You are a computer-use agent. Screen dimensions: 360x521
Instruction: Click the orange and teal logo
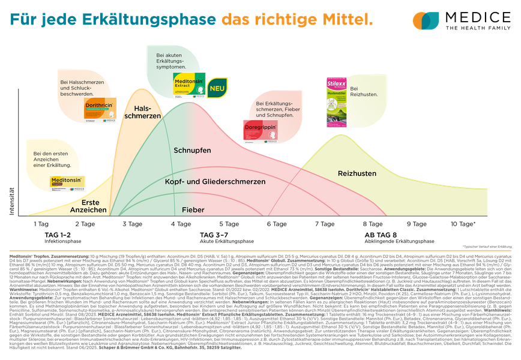point(426,20)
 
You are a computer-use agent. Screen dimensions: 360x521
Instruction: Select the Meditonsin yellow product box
point(68,183)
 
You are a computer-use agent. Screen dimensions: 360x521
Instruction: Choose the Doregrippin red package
point(259,131)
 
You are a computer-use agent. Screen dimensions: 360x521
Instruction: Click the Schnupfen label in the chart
point(192,150)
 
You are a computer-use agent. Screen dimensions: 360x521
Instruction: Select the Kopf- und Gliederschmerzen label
point(215,181)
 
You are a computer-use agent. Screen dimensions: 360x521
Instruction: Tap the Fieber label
point(193,210)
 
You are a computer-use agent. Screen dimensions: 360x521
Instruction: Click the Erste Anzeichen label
point(89,206)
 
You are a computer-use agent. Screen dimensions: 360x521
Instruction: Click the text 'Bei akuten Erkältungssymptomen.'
point(170,61)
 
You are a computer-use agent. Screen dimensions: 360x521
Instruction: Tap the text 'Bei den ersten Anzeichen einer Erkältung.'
point(52,159)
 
